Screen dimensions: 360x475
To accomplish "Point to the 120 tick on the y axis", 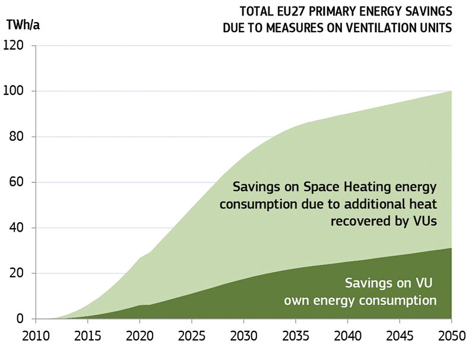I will tap(14, 46).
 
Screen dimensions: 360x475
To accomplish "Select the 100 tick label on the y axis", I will tap(14, 91).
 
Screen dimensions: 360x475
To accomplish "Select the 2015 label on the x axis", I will tap(87, 336).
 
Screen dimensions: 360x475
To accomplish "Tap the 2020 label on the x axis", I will tap(139, 336).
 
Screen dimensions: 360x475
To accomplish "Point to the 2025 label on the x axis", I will tap(192, 336).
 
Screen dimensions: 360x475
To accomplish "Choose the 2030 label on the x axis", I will tap(243, 336).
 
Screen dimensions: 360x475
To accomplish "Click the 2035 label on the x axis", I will tap(296, 336).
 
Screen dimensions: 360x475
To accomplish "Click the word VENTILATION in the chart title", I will tap(379, 27).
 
